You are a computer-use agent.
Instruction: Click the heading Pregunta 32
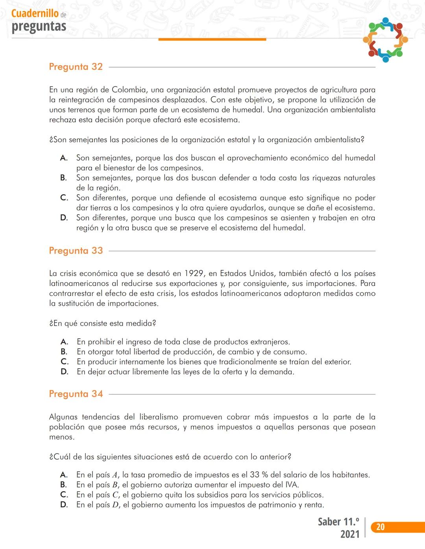point(76,67)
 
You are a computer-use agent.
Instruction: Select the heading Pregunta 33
point(76,251)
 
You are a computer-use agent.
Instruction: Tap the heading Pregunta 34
point(76,394)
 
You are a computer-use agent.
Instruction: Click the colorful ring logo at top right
point(385,40)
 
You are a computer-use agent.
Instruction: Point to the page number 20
point(380,527)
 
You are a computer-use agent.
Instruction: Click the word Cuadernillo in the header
point(35,13)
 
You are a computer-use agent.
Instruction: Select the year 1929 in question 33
point(194,274)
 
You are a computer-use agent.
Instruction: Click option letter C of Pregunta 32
point(64,198)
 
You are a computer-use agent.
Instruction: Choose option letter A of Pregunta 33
point(65,342)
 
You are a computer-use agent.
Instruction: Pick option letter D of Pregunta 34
point(64,505)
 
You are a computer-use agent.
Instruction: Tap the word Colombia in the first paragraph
point(129,90)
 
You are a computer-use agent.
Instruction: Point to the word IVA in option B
point(291,485)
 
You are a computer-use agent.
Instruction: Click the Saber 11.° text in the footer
point(338,522)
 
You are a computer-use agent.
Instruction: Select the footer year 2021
point(350,534)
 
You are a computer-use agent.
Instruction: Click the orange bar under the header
point(212,39)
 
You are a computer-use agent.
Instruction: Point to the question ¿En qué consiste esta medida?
point(103,323)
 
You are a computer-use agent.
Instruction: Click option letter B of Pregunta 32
point(64,178)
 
